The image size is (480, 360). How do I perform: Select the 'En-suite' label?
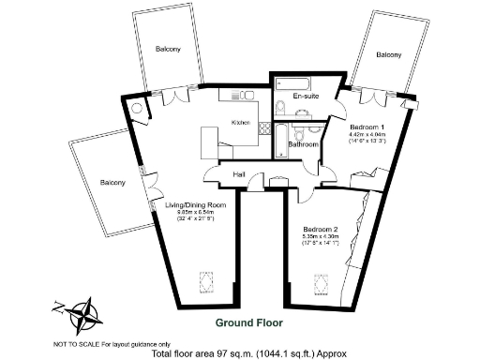click(304, 97)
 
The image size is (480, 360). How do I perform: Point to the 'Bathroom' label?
click(304, 145)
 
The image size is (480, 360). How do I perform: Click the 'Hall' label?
click(239, 174)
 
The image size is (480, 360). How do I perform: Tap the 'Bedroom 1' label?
click(367, 127)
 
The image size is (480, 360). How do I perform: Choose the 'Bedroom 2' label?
click(321, 229)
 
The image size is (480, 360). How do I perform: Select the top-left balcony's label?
click(168, 49)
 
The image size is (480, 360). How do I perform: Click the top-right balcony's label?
click(389, 55)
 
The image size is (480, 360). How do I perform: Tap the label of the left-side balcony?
click(112, 182)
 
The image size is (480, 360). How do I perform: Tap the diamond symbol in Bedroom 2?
click(316, 281)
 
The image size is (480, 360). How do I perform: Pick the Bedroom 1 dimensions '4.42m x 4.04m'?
click(367, 135)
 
